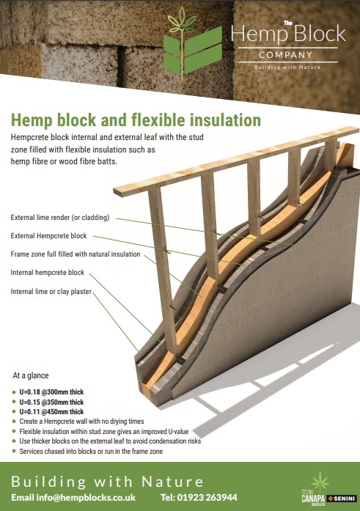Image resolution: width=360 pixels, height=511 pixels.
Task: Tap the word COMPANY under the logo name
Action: tap(284, 54)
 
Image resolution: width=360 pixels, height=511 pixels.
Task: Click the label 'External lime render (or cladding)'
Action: tap(60, 218)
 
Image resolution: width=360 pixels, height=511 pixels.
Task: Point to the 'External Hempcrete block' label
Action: tap(49, 236)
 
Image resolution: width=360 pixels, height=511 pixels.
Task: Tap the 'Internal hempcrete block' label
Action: tap(48, 273)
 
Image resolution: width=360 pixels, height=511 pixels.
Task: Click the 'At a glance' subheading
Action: tap(32, 375)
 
